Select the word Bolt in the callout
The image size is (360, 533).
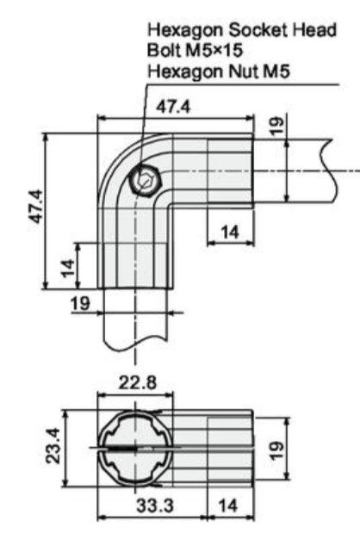point(164,50)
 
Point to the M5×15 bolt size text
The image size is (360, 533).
point(214,50)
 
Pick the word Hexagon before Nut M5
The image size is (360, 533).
point(184,72)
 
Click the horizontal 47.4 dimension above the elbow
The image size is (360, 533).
point(173,107)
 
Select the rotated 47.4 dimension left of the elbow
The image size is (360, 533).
point(36,207)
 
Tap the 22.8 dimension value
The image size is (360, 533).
point(138,382)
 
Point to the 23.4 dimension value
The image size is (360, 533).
point(53,446)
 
